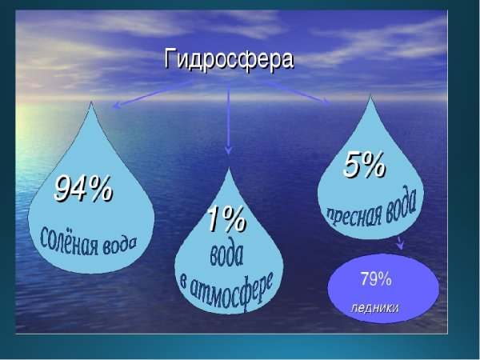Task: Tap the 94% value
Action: pyautogui.click(x=83, y=189)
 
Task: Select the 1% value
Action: pyautogui.click(x=226, y=219)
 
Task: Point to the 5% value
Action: pyautogui.click(x=365, y=165)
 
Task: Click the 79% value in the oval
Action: pyautogui.click(x=375, y=279)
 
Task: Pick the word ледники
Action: pyautogui.click(x=374, y=307)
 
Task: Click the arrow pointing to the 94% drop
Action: pyautogui.click(x=152, y=93)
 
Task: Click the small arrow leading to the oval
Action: pyautogui.click(x=399, y=243)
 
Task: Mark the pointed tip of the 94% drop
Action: pyautogui.click(x=94, y=104)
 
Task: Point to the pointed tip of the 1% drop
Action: pyautogui.click(x=229, y=169)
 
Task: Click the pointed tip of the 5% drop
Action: pyautogui.click(x=370, y=98)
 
